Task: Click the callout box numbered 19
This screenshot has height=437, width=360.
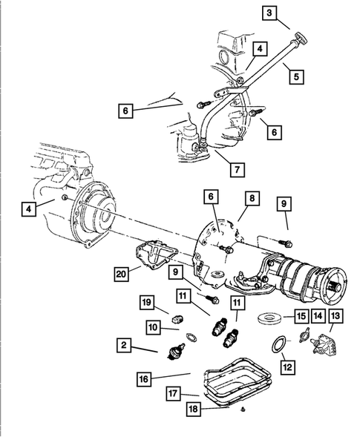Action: [147, 302]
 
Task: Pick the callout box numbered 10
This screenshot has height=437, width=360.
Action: [154, 326]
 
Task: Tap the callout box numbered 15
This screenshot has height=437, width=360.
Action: [301, 317]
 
